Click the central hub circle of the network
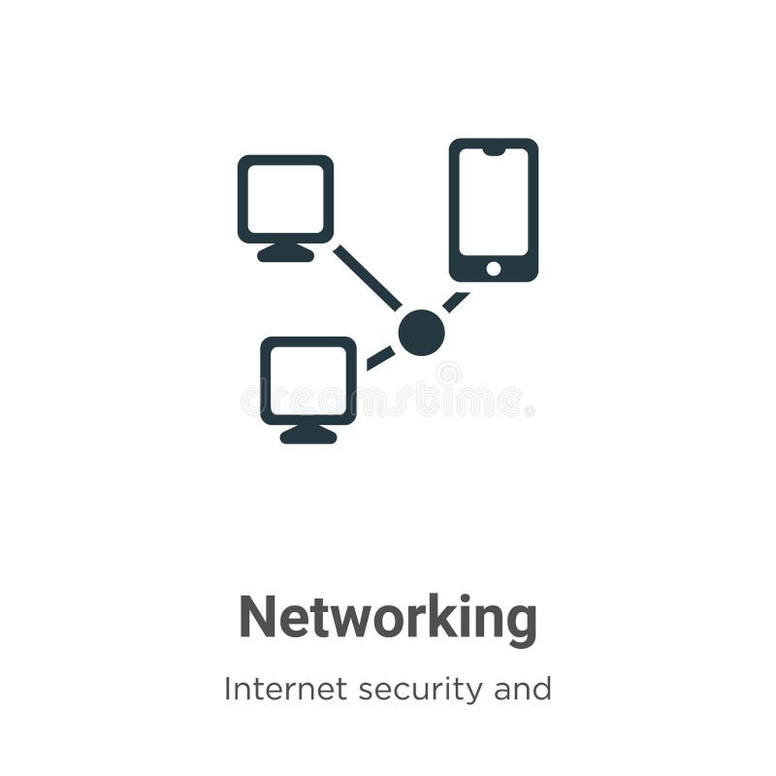[x=421, y=333]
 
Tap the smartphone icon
[x=493, y=210]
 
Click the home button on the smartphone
[x=493, y=268]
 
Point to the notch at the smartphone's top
[x=493, y=149]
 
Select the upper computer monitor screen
[x=285, y=198]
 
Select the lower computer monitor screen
[x=307, y=379]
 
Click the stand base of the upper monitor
[x=285, y=254]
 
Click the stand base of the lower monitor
[x=307, y=436]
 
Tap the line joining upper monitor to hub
[x=367, y=277]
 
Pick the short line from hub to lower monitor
[x=380, y=358]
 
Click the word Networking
[x=388, y=618]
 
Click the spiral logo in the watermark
[x=448, y=373]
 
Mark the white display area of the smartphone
[x=493, y=202]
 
